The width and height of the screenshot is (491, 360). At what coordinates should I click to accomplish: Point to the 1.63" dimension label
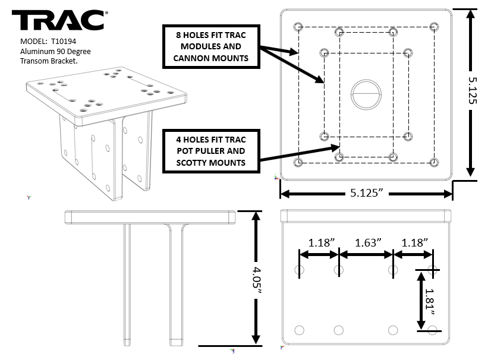pos(367,242)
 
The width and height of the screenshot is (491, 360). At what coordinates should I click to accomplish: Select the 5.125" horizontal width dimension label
pos(366,194)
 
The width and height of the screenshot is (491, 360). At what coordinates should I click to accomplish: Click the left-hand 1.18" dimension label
pos(321,242)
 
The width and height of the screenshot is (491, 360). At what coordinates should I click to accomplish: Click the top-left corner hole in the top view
pos(298,27)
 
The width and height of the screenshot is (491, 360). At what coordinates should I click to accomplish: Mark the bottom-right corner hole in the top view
pos(435,162)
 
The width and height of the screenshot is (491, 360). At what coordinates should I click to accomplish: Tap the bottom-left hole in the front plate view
pos(299,330)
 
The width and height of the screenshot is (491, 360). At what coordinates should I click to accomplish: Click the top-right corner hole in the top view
pos(435,27)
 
